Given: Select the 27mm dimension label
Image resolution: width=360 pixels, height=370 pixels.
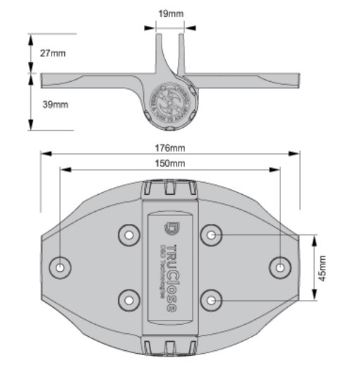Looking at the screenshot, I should click(x=53, y=54).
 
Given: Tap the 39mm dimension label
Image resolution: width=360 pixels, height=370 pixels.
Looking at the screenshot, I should click(x=55, y=105).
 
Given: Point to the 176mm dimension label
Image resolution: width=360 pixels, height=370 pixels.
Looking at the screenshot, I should click(x=170, y=148).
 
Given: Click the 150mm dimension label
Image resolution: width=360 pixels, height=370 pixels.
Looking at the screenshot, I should click(x=170, y=164).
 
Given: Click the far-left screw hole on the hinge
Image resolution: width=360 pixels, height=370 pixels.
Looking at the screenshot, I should click(x=61, y=267).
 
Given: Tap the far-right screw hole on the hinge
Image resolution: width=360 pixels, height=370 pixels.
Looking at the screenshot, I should click(x=280, y=267).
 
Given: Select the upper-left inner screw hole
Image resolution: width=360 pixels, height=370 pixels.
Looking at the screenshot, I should click(x=128, y=234).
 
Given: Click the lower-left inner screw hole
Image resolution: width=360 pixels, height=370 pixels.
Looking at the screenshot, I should click(x=128, y=300).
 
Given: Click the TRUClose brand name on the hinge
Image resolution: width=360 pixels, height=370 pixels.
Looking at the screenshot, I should click(x=172, y=275).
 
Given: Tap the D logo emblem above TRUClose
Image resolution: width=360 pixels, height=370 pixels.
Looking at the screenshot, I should click(x=170, y=228).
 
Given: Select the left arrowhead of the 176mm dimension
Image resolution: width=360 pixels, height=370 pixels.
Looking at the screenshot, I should click(x=43, y=153).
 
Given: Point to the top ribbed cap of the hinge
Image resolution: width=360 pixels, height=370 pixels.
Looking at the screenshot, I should click(x=170, y=189).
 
